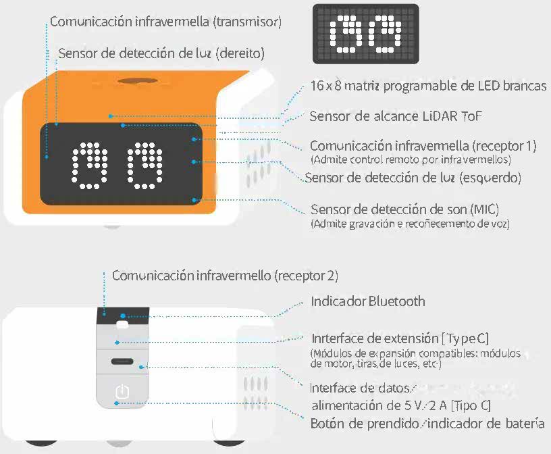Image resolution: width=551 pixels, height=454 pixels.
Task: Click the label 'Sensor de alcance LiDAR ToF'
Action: (395, 116)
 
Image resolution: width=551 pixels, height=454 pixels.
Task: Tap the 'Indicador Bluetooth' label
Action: (368, 301)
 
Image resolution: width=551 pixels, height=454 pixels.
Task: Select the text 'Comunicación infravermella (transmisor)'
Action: (166, 22)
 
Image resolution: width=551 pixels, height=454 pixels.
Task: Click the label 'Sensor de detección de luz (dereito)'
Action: (161, 53)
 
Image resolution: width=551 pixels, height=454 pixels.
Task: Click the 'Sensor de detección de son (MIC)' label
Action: (405, 209)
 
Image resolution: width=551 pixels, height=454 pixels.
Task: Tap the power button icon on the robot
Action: (122, 391)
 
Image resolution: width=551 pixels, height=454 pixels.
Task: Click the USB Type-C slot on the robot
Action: (122, 361)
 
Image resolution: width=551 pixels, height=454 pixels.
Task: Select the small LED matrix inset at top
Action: (365, 34)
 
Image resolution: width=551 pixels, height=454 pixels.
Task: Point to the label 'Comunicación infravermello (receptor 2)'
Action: (226, 276)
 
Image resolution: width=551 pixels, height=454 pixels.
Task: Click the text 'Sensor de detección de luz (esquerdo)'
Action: (413, 178)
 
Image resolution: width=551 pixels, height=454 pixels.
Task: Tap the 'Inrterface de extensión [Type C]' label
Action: (400, 338)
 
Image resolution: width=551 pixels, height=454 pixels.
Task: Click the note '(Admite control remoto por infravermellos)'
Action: (411, 159)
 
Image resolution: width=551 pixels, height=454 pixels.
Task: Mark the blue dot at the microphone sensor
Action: (194, 200)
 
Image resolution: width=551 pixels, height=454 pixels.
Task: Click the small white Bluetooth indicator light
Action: (122, 324)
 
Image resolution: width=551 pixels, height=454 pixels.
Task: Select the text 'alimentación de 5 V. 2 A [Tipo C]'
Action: (401, 406)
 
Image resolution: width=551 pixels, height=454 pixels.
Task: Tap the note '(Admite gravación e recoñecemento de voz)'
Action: (410, 224)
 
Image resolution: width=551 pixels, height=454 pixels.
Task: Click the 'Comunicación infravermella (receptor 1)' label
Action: (423, 145)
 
